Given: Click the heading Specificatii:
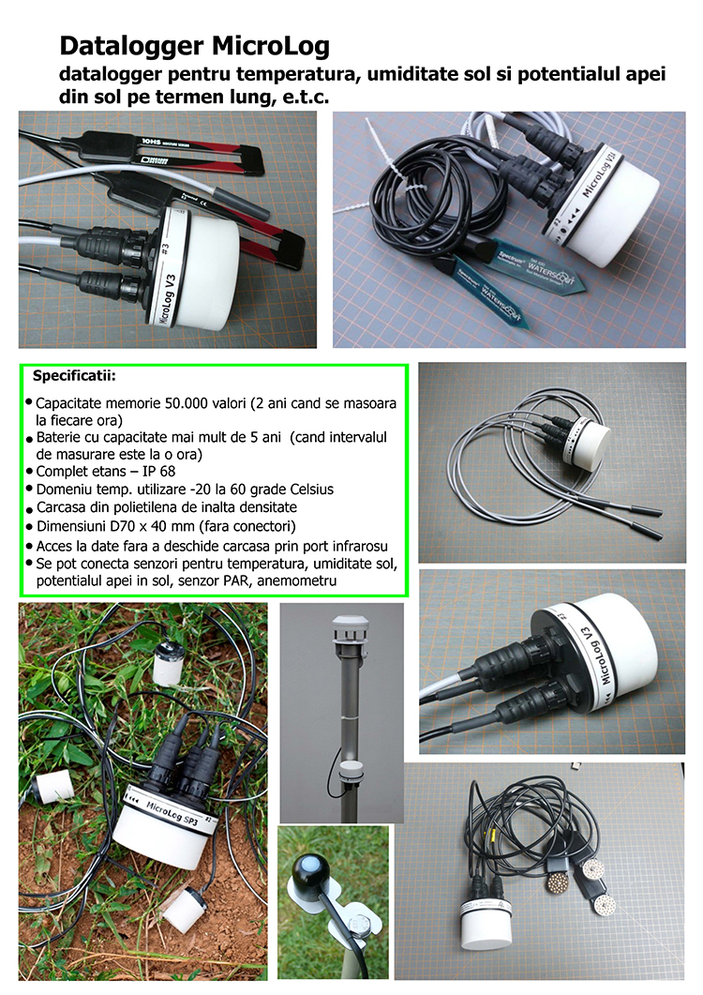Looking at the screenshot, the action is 74,376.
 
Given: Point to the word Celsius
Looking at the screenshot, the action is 311,490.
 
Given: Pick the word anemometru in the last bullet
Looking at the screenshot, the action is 297,580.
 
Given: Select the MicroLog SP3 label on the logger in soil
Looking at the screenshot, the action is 172,813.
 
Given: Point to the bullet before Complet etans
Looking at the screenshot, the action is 29,472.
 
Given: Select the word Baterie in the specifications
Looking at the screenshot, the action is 59,437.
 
